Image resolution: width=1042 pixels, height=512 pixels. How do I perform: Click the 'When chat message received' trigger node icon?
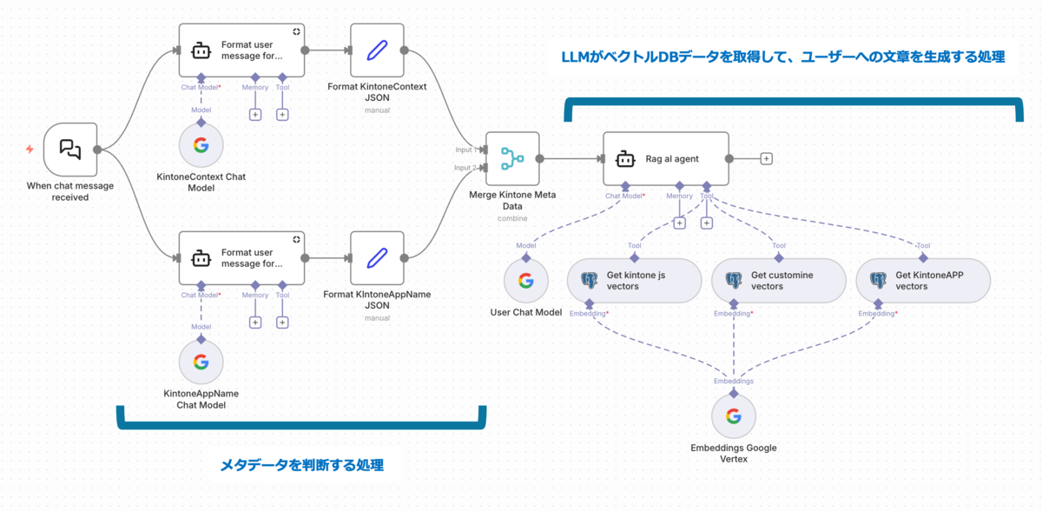[x=70, y=150]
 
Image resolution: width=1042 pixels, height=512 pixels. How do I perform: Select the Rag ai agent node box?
[x=666, y=159]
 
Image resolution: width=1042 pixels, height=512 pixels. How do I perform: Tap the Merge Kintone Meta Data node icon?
[x=512, y=159]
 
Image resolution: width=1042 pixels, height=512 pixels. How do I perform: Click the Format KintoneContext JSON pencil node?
[x=377, y=50]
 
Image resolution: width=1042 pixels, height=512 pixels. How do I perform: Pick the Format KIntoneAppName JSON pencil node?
[x=377, y=258]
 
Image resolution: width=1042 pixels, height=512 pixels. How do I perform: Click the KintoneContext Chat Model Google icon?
[x=201, y=145]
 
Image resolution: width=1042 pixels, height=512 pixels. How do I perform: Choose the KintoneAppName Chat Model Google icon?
[x=201, y=362]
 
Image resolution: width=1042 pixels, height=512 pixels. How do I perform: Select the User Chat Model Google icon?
[x=526, y=281]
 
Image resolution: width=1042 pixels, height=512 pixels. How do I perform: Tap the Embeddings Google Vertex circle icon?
[x=734, y=416]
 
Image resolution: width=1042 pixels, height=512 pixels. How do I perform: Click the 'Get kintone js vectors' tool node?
[x=634, y=280]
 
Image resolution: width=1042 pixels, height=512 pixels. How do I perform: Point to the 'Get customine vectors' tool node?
[x=778, y=280]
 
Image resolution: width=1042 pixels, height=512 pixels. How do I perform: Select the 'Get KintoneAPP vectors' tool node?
[x=923, y=280]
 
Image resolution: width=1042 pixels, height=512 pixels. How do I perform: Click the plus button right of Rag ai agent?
[x=766, y=159]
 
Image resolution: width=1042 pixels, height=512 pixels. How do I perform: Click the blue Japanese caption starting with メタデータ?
[x=301, y=465]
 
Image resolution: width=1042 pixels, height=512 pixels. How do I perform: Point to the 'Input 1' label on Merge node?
[x=465, y=150]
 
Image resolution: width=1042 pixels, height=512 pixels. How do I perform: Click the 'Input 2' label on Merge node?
[x=465, y=168]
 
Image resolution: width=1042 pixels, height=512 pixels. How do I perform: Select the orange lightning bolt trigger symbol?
[x=30, y=150]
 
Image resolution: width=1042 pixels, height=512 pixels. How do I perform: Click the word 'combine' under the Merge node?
[x=511, y=218]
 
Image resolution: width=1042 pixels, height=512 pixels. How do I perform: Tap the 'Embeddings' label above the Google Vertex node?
[x=734, y=381]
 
